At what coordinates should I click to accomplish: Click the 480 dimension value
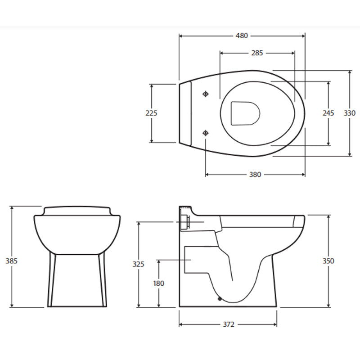pyautogui.click(x=242, y=36)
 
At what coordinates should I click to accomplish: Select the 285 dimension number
pyautogui.click(x=256, y=53)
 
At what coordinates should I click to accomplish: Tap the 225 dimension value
pyautogui.click(x=151, y=113)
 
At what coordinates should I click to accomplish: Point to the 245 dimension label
pyautogui.click(x=328, y=113)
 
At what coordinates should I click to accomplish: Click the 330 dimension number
pyautogui.click(x=350, y=113)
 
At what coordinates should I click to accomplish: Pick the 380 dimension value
pyautogui.click(x=255, y=175)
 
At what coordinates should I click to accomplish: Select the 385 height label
pyautogui.click(x=11, y=260)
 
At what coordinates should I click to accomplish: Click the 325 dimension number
pyautogui.click(x=139, y=264)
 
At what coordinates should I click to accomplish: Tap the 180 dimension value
pyautogui.click(x=158, y=283)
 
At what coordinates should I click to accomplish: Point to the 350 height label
pyautogui.click(x=328, y=261)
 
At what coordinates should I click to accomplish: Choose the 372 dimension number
pyautogui.click(x=228, y=324)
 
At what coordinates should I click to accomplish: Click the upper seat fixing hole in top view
pyautogui.click(x=206, y=94)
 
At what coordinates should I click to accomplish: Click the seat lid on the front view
pyautogui.click(x=77, y=211)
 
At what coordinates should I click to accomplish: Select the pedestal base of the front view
pyautogui.click(x=77, y=281)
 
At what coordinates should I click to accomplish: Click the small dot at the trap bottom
pyautogui.click(x=220, y=298)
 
